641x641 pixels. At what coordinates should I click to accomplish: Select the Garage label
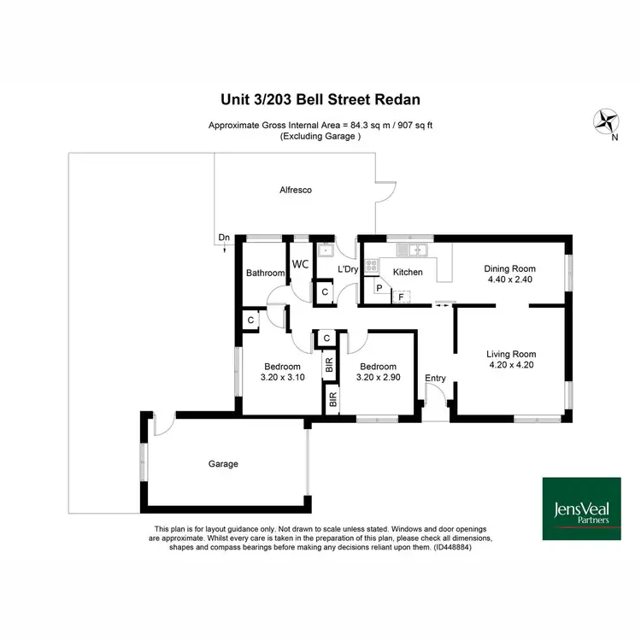[x=223, y=464]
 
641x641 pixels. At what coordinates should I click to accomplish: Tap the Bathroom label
[x=265, y=273]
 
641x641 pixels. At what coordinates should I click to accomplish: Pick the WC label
[x=300, y=265]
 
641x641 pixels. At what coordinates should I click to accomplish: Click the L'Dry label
[x=347, y=269]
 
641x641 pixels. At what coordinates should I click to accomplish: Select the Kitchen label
[x=408, y=273]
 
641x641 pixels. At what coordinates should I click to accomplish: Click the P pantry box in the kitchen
[x=379, y=288]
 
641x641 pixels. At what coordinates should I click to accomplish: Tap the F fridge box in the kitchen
[x=400, y=297]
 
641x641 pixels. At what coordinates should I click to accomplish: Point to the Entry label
[x=435, y=379]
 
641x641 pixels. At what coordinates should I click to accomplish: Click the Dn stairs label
[x=224, y=237]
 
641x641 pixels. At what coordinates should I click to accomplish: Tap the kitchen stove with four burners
[x=372, y=266]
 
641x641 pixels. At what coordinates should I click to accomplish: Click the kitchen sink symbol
[x=417, y=250]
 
